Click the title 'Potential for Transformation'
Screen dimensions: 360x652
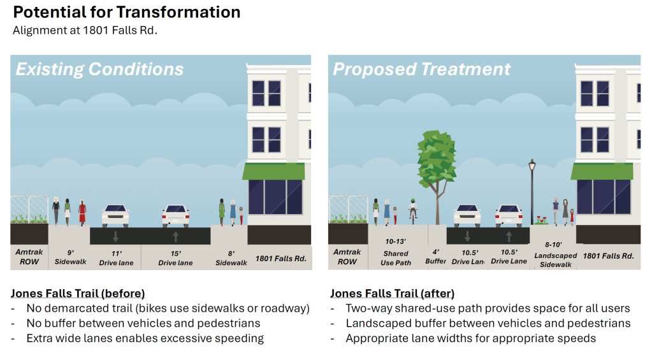click(x=127, y=13)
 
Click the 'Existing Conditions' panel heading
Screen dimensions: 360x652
click(x=99, y=69)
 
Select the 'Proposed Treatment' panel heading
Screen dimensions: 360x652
click(x=421, y=69)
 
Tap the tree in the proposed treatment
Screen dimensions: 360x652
click(x=437, y=159)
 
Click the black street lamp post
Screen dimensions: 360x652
click(x=532, y=191)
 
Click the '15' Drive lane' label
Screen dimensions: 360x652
click(x=175, y=257)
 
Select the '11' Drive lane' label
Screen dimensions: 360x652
click(x=116, y=257)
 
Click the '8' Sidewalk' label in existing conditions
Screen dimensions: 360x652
click(x=231, y=257)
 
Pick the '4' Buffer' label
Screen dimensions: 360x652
click(x=436, y=256)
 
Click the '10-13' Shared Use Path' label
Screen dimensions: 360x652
click(x=396, y=252)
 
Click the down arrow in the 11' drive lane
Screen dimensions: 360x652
click(x=115, y=236)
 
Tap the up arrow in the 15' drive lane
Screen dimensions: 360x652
click(x=175, y=236)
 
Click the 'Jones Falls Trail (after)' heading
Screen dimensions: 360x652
click(x=392, y=293)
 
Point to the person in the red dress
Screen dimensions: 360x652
click(x=82, y=212)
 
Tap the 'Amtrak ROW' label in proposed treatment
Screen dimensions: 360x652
click(x=347, y=257)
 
